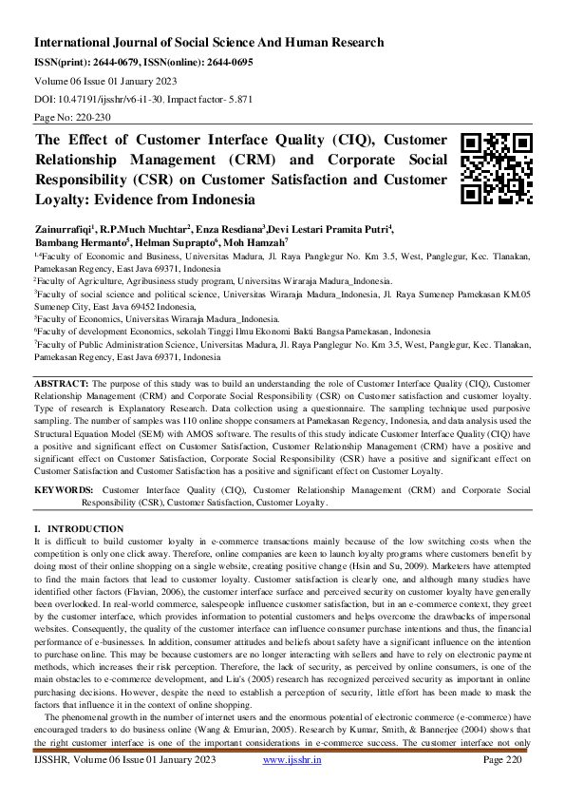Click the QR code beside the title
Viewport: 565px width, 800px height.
pos(495,169)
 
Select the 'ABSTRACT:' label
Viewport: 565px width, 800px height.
pos(61,409)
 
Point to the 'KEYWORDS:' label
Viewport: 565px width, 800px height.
pos(64,489)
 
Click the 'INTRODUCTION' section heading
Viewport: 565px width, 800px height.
pos(85,528)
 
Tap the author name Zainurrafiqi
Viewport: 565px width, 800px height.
pos(66,229)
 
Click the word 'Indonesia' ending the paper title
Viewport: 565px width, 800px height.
pos(220,200)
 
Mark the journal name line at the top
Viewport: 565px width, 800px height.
pos(209,43)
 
